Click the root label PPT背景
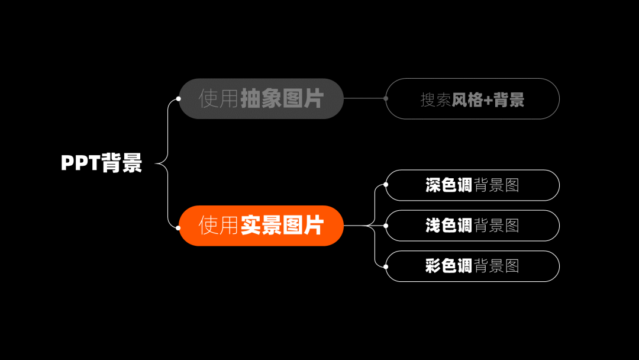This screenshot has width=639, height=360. pyautogui.click(x=102, y=163)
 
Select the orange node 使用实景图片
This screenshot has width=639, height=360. pyautogui.click(x=261, y=226)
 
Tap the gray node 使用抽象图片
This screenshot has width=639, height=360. pyautogui.click(x=261, y=98)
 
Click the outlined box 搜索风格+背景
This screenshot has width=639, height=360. pyautogui.click(x=472, y=99)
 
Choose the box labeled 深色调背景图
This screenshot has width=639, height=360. pyautogui.click(x=472, y=185)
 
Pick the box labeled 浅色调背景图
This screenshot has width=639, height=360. pyautogui.click(x=472, y=226)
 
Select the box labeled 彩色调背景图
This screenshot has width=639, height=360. pyautogui.click(x=472, y=266)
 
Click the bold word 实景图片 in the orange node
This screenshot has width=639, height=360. pyautogui.click(x=282, y=226)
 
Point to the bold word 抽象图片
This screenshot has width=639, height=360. pyautogui.click(x=282, y=98)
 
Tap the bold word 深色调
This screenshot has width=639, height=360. pyautogui.click(x=448, y=185)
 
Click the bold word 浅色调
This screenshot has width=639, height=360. pyautogui.click(x=448, y=226)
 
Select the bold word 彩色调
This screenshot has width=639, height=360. pyautogui.click(x=448, y=266)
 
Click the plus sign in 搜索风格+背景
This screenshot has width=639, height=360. pyautogui.click(x=488, y=99)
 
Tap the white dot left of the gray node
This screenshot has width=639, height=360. pyautogui.click(x=178, y=99)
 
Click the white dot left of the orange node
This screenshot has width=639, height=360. pyautogui.click(x=178, y=227)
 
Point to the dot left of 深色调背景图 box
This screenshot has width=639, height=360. pyautogui.click(x=386, y=185)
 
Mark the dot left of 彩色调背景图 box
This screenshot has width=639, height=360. pyautogui.click(x=386, y=266)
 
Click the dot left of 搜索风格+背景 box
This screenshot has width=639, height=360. pyautogui.click(x=386, y=98)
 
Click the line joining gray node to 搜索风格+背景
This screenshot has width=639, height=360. pyautogui.click(x=364, y=98)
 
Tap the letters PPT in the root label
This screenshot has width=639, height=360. pyautogui.click(x=80, y=163)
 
